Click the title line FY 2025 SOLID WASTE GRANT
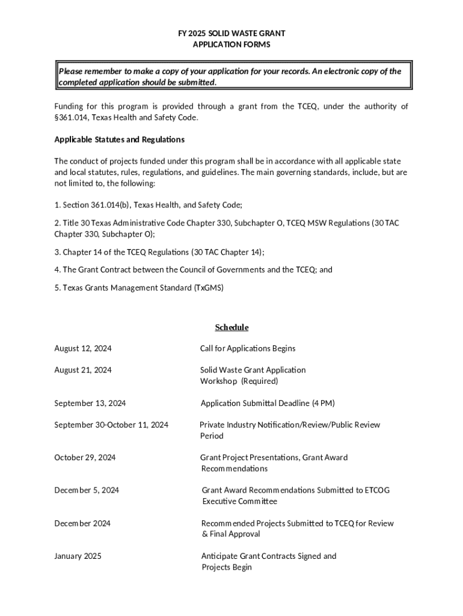point(231,33)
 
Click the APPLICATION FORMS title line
point(231,45)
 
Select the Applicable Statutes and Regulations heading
point(119,140)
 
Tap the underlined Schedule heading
point(231,327)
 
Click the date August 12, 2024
point(82,348)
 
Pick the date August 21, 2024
point(82,370)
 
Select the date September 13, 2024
point(90,403)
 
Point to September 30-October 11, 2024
point(111,425)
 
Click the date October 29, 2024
point(85,457)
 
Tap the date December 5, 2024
point(87,490)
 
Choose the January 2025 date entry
point(78,556)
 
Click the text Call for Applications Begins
point(248,348)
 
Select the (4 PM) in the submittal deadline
point(323,403)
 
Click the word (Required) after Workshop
point(260,381)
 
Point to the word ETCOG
point(377,490)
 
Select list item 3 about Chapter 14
point(159,252)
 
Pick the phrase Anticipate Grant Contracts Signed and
point(269,556)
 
